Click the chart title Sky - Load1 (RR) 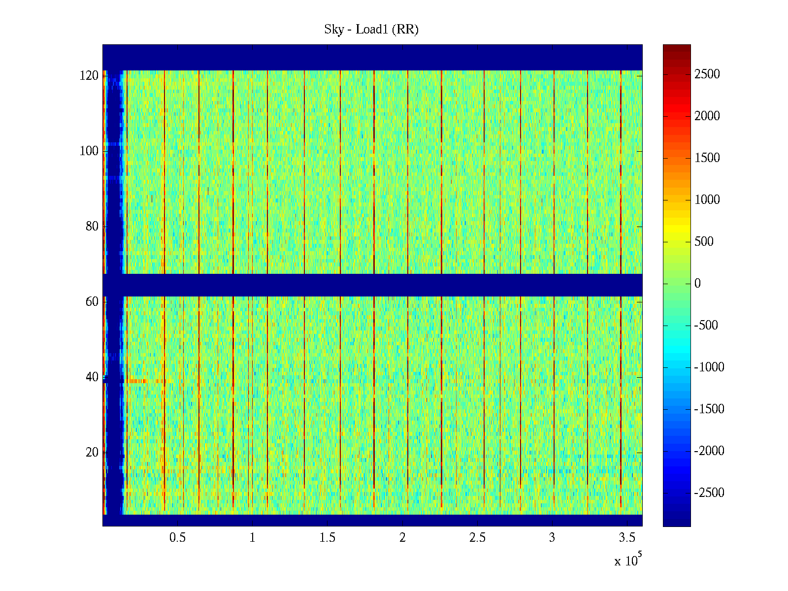(371, 30)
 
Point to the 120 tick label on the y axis (89, 76)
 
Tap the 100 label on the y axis (89, 151)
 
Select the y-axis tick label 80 (92, 227)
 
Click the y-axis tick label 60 (92, 302)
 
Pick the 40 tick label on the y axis (92, 377)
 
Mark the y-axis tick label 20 (92, 453)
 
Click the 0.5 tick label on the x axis (177, 538)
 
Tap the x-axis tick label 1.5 (327, 538)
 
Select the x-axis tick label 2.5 (477, 538)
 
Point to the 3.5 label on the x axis (627, 538)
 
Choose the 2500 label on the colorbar (707, 74)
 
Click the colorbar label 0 (697, 284)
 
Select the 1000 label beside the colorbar (707, 200)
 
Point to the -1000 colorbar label (709, 367)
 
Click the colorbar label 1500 (707, 158)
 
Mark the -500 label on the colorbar (706, 326)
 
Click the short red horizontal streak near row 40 (138, 381)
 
